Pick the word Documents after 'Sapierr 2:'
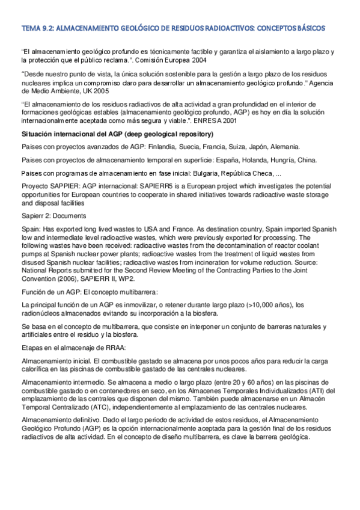[x=67, y=215]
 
